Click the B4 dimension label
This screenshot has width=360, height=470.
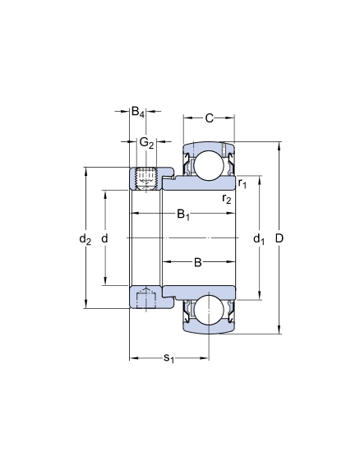coord(139,112)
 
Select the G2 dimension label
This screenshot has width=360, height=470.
coord(146,143)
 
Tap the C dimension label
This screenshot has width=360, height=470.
coord(209,118)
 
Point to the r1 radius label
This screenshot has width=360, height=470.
coord(242,182)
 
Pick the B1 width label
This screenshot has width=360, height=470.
coord(183,215)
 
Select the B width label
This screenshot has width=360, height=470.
coord(197,263)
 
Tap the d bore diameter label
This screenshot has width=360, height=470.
coord(104,239)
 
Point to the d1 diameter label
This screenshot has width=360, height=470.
coord(259,239)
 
